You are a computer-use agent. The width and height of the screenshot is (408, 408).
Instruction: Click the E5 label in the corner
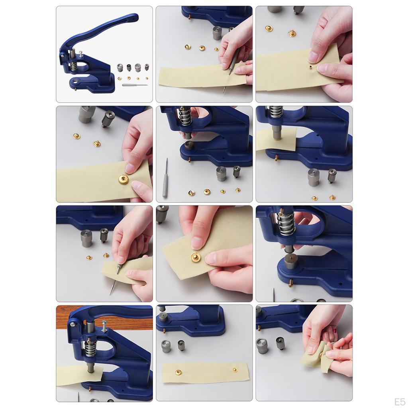pos(399,402)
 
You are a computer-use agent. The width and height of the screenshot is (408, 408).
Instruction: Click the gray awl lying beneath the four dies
pos(135,85)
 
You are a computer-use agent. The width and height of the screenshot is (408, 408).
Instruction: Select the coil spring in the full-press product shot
pos(73,67)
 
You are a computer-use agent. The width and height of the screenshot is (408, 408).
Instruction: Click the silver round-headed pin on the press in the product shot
pos(81,54)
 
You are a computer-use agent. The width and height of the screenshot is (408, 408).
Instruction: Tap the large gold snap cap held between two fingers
pos(124,179)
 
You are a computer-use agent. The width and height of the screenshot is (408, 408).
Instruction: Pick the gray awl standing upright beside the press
pos(165,178)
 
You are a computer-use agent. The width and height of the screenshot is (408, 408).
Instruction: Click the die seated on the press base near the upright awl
pos(188,145)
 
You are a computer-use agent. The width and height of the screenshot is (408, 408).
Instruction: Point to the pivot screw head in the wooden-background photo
pos(73,324)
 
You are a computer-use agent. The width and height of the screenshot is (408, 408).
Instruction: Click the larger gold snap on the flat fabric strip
pos(178,373)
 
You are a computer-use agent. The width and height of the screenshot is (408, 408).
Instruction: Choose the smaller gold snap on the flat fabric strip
pos(235,369)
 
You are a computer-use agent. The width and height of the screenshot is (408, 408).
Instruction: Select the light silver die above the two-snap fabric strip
pos(166,346)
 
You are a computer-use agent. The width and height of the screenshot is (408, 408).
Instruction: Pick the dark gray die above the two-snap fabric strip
pos(182,345)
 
